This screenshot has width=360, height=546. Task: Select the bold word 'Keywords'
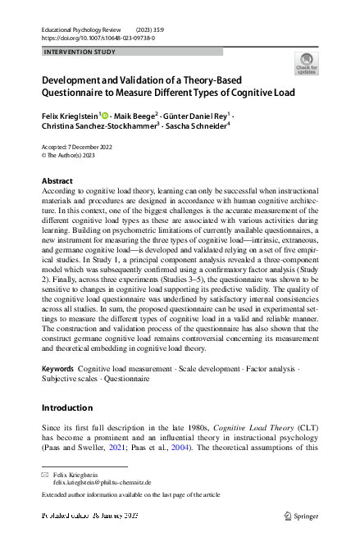point(57,371)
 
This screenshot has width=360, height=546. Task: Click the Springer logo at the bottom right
point(302,516)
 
